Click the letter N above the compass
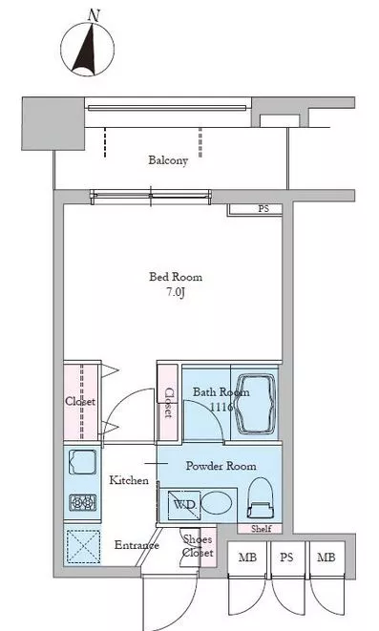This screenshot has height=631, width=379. click(x=94, y=15)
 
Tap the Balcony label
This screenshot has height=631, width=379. click(x=168, y=160)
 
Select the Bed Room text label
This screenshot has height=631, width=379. click(x=176, y=277)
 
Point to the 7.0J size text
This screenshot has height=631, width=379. click(x=176, y=292)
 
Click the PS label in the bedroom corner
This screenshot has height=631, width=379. click(x=263, y=209)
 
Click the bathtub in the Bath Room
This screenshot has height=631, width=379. click(x=256, y=404)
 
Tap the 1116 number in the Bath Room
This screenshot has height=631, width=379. click(x=221, y=407)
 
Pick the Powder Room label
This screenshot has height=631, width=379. click(x=221, y=466)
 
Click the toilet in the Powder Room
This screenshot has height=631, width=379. click(x=260, y=497)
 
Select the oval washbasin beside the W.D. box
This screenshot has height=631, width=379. click(x=216, y=503)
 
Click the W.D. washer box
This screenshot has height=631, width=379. click(x=183, y=505)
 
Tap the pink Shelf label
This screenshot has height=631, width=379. click(x=262, y=529)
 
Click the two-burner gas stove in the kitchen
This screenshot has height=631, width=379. click(x=82, y=503)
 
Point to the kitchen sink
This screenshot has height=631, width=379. click(x=82, y=462)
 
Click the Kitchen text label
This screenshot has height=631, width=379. click(x=129, y=480)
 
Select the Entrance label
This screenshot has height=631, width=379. click(x=137, y=545)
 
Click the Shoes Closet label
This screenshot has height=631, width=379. click(x=198, y=545)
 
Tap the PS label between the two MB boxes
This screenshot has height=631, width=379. click(x=286, y=557)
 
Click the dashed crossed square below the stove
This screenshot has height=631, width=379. click(x=83, y=546)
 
